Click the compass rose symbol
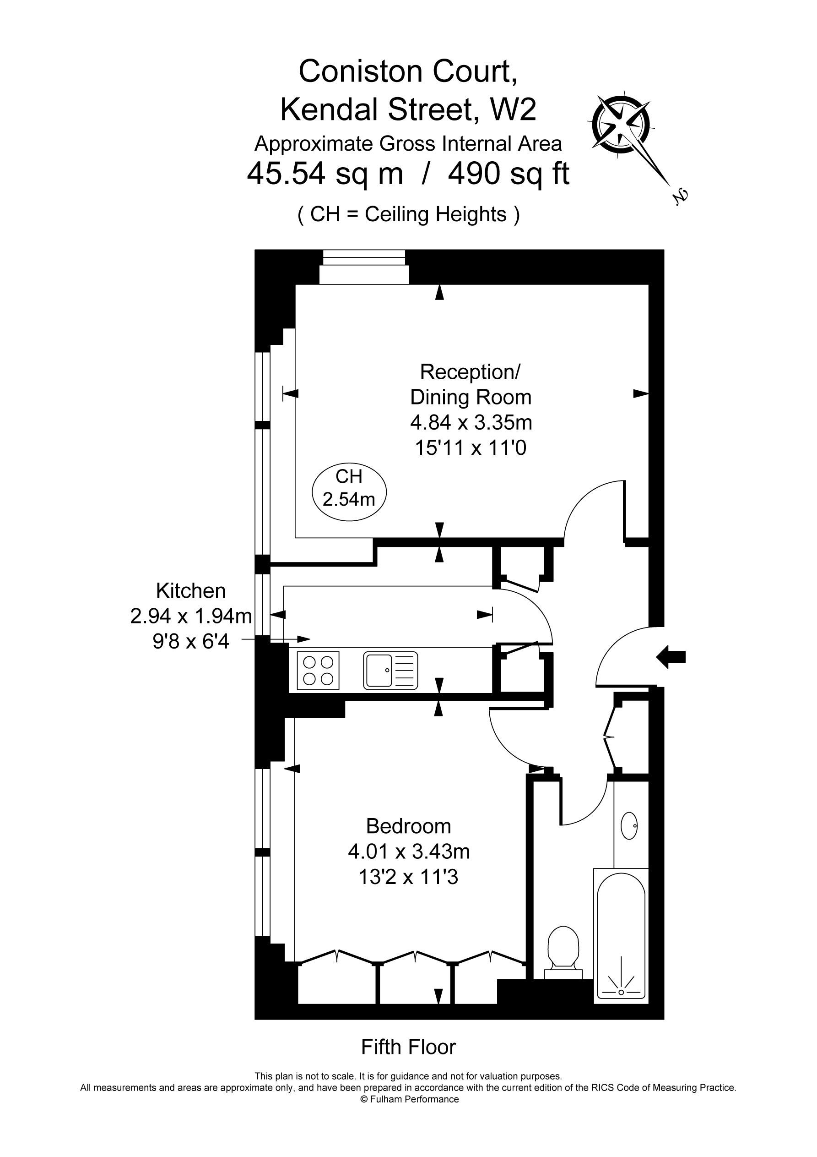(621, 125)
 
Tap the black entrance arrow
(671, 657)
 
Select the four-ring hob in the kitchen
(318, 670)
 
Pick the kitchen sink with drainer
(390, 670)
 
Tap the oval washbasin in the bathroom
(629, 825)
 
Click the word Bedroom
(408, 826)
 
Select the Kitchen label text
(191, 590)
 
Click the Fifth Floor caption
(408, 1047)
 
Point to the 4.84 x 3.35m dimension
(471, 422)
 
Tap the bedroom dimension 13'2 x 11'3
(408, 877)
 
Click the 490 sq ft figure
(509, 175)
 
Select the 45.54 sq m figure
(325, 175)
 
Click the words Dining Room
(471, 397)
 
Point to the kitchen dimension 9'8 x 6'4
(191, 642)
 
